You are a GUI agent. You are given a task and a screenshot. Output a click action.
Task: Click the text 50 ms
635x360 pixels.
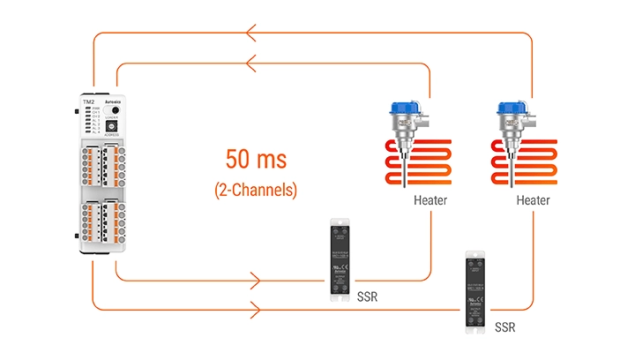[x=255, y=161]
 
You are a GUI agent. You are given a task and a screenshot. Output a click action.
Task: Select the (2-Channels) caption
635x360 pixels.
[x=255, y=189]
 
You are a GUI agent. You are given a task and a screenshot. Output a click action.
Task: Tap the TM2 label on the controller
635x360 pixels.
[x=88, y=102]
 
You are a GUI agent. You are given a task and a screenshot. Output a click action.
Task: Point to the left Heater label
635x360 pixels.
[x=430, y=200]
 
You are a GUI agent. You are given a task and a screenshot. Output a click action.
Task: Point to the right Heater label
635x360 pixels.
[x=533, y=200]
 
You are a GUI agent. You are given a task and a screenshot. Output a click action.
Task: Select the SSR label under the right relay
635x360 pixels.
[x=504, y=327]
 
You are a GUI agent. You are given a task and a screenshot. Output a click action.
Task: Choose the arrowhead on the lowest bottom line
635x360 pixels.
[x=255, y=311]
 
